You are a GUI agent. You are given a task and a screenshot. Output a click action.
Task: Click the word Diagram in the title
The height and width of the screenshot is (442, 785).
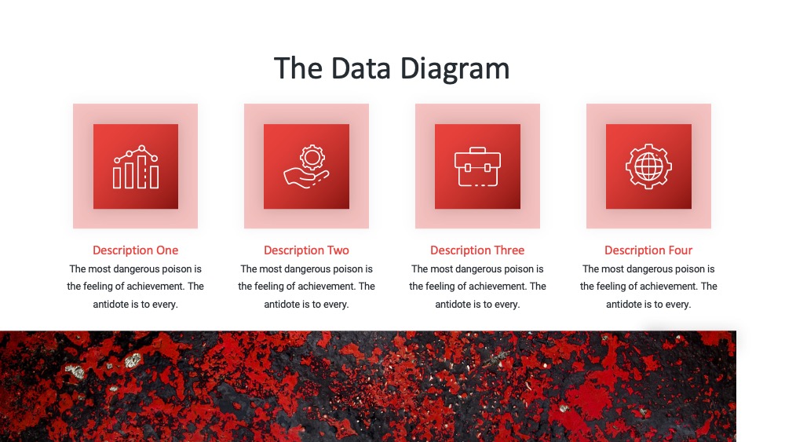coord(455,69)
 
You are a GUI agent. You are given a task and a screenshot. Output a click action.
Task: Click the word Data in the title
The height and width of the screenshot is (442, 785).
coord(360,68)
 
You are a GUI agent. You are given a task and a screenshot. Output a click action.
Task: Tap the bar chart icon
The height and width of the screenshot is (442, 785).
coord(136,166)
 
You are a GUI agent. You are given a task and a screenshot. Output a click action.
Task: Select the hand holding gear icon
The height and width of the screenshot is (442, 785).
coord(306,166)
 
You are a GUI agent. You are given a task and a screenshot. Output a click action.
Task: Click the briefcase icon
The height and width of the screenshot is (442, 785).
coord(477,166)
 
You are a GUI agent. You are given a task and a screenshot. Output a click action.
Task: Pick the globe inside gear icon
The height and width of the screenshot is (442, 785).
coord(649,166)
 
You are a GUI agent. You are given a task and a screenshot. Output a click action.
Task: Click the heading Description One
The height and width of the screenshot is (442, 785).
coord(135,250)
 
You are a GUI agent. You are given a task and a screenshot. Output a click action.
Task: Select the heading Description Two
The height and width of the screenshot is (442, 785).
coord(306,250)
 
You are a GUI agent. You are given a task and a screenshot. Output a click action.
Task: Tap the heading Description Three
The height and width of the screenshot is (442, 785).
coord(477,250)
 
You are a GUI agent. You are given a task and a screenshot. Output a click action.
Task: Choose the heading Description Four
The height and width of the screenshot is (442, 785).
coord(648,250)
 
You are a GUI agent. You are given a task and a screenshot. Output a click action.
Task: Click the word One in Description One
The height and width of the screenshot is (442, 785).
coord(167,250)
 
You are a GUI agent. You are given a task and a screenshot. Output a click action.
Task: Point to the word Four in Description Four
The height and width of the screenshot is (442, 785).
coord(681,250)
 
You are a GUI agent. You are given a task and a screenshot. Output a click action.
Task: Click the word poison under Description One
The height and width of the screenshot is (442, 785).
coord(177,269)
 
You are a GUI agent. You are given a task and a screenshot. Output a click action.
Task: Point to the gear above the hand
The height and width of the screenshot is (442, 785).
coord(312,158)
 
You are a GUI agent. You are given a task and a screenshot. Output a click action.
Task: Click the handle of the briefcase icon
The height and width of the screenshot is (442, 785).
coord(477,150)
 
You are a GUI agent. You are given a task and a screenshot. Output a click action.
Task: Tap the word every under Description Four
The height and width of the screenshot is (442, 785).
coord(679,305)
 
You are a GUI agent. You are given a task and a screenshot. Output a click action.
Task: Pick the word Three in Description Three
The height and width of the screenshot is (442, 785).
coord(508,250)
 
